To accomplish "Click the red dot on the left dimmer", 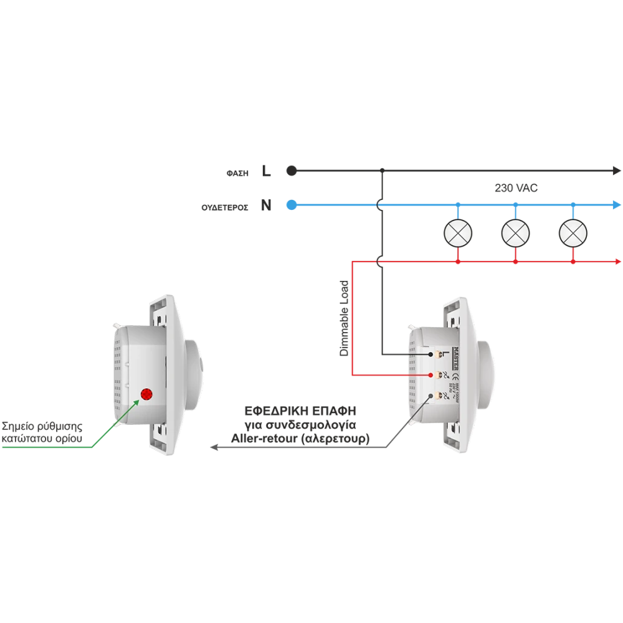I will pyautogui.click(x=146, y=394).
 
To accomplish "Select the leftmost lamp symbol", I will pyautogui.click(x=458, y=233).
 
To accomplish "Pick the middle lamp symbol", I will pyautogui.click(x=515, y=233).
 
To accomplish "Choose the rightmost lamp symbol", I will pyautogui.click(x=573, y=233).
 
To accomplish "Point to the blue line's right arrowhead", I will pyautogui.click(x=617, y=204).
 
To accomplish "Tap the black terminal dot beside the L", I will pyautogui.click(x=431, y=354).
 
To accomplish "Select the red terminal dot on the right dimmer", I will pyautogui.click(x=431, y=376).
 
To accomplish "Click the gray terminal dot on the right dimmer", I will pyautogui.click(x=431, y=397).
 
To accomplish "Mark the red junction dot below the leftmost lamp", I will pyautogui.click(x=458, y=263).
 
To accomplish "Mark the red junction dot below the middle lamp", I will pyautogui.click(x=515, y=263).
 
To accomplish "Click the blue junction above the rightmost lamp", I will pyautogui.click(x=573, y=204).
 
